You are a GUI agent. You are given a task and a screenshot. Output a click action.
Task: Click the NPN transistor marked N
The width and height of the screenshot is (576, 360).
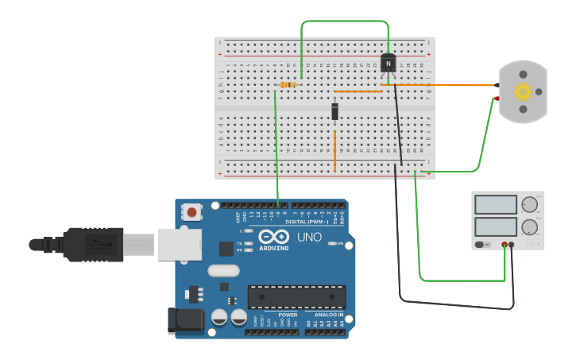pos(388,64)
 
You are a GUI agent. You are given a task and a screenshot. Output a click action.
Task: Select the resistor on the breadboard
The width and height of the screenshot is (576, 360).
pos(288,85)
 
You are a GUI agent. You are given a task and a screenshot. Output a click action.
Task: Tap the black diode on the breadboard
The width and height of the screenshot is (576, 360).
pos(335,111)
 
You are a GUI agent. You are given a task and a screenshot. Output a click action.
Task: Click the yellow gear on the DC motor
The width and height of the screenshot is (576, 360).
pos(523,91)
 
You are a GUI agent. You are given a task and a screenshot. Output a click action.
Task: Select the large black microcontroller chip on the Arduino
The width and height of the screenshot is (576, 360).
pos(296,296)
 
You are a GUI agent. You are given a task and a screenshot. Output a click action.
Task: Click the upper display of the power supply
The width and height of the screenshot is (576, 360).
pos(495,205)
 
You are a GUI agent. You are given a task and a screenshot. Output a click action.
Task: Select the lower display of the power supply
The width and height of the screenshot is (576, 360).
pos(495,226)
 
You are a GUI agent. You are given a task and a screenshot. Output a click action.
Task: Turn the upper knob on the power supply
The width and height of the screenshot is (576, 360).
pos(529,205)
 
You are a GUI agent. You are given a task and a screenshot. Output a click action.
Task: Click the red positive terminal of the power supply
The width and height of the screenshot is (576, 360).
pos(504,245)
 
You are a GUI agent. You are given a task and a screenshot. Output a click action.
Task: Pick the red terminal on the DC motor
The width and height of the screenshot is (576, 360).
pos(497,99)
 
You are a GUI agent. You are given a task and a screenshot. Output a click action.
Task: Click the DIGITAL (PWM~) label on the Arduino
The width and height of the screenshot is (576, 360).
pos(307,222)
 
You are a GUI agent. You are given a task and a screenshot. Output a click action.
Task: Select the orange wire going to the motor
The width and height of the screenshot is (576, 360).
pos(453,85)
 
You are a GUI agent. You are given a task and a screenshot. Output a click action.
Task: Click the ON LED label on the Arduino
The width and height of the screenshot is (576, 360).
pos(340,243)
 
